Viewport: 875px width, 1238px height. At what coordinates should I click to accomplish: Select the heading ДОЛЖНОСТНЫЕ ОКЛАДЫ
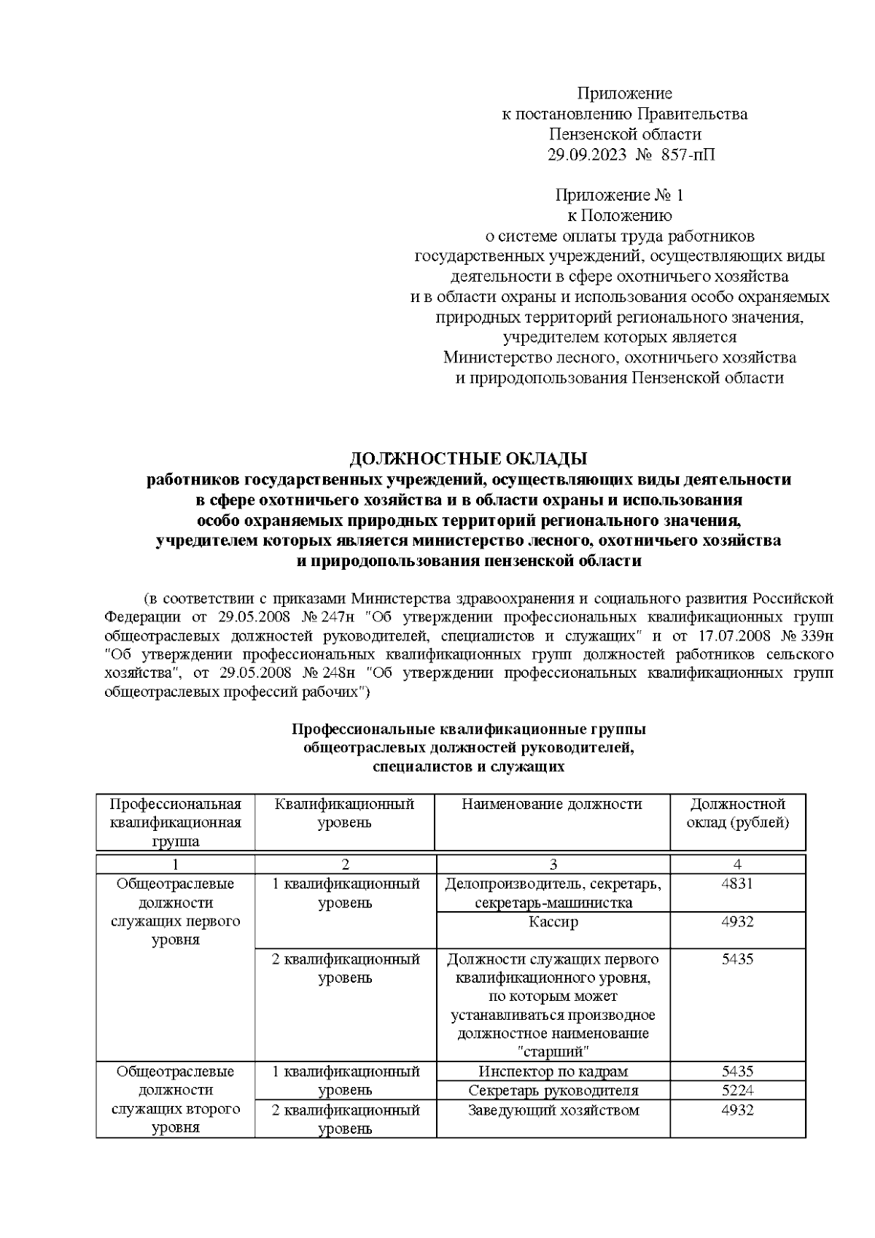click(468, 459)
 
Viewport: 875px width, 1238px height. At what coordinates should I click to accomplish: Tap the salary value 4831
click(737, 883)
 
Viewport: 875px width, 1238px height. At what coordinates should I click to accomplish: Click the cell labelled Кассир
click(553, 921)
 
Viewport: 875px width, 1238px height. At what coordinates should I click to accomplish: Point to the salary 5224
click(737, 1090)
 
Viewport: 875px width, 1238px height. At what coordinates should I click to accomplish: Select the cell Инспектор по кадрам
click(553, 1071)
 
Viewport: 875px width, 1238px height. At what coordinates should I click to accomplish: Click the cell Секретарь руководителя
click(553, 1090)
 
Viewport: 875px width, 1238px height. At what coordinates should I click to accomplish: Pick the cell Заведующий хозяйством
click(553, 1110)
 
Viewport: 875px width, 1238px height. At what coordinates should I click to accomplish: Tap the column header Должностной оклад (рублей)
click(737, 813)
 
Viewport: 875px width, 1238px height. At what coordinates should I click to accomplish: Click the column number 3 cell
click(553, 864)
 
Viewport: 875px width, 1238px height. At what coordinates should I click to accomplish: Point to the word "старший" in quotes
click(553, 1051)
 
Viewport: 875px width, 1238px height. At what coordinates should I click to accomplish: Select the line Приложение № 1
click(619, 195)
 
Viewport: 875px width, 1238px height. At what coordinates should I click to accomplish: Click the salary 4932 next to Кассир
click(737, 921)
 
